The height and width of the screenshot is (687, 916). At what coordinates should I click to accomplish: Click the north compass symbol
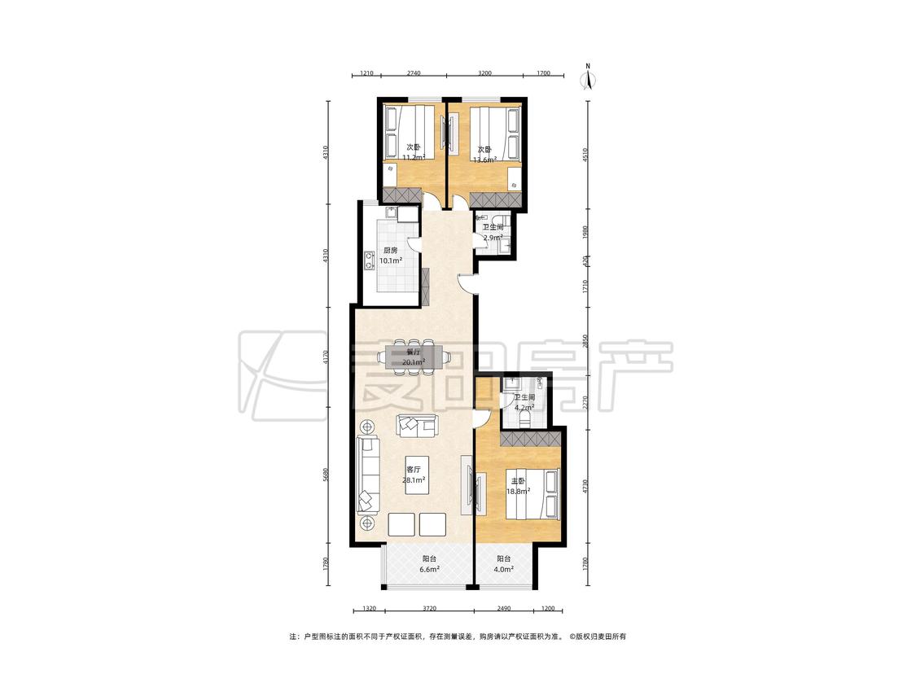(588, 77)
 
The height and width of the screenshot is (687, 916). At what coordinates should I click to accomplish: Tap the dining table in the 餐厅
(414, 356)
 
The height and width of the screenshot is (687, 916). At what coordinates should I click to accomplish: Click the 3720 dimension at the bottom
(429, 608)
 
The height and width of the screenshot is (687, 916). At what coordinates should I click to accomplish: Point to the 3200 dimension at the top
(484, 73)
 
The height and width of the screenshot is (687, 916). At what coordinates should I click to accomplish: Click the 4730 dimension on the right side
(585, 488)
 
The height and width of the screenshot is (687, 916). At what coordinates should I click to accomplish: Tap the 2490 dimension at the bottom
(503, 608)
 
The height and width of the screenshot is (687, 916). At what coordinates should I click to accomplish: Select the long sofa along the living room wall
(369, 474)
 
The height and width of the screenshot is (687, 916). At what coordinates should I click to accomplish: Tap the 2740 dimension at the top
(414, 73)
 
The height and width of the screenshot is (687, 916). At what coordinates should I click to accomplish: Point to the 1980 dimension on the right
(585, 233)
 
